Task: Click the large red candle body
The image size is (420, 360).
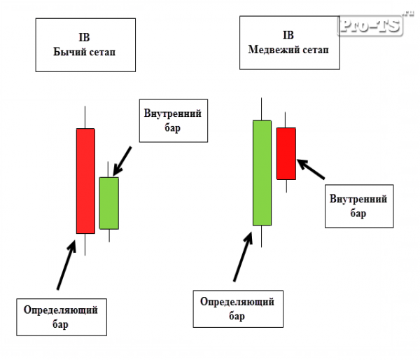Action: [x=85, y=181]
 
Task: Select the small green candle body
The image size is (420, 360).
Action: [x=109, y=203]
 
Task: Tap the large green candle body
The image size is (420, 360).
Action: [x=262, y=173]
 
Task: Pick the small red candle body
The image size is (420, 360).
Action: [x=286, y=153]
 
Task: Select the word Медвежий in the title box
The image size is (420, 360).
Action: [x=273, y=50]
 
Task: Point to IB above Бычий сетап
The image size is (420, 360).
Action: [x=84, y=37]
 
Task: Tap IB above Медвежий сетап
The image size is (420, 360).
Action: [x=288, y=35]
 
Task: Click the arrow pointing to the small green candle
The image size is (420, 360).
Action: [x=122, y=161]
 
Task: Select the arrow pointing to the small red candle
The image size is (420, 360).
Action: [x=311, y=169]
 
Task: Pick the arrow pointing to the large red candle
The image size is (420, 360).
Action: [x=66, y=265]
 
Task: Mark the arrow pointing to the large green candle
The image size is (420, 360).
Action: [x=243, y=256]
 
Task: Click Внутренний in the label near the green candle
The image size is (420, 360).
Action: [x=172, y=113]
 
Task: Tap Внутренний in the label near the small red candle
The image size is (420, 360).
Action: [x=358, y=199]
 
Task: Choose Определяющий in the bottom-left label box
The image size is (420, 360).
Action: [x=60, y=310]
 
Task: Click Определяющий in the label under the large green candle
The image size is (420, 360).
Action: [x=237, y=302]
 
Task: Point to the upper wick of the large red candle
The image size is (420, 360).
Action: [x=85, y=117]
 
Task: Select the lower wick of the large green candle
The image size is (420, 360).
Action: [x=261, y=237]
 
